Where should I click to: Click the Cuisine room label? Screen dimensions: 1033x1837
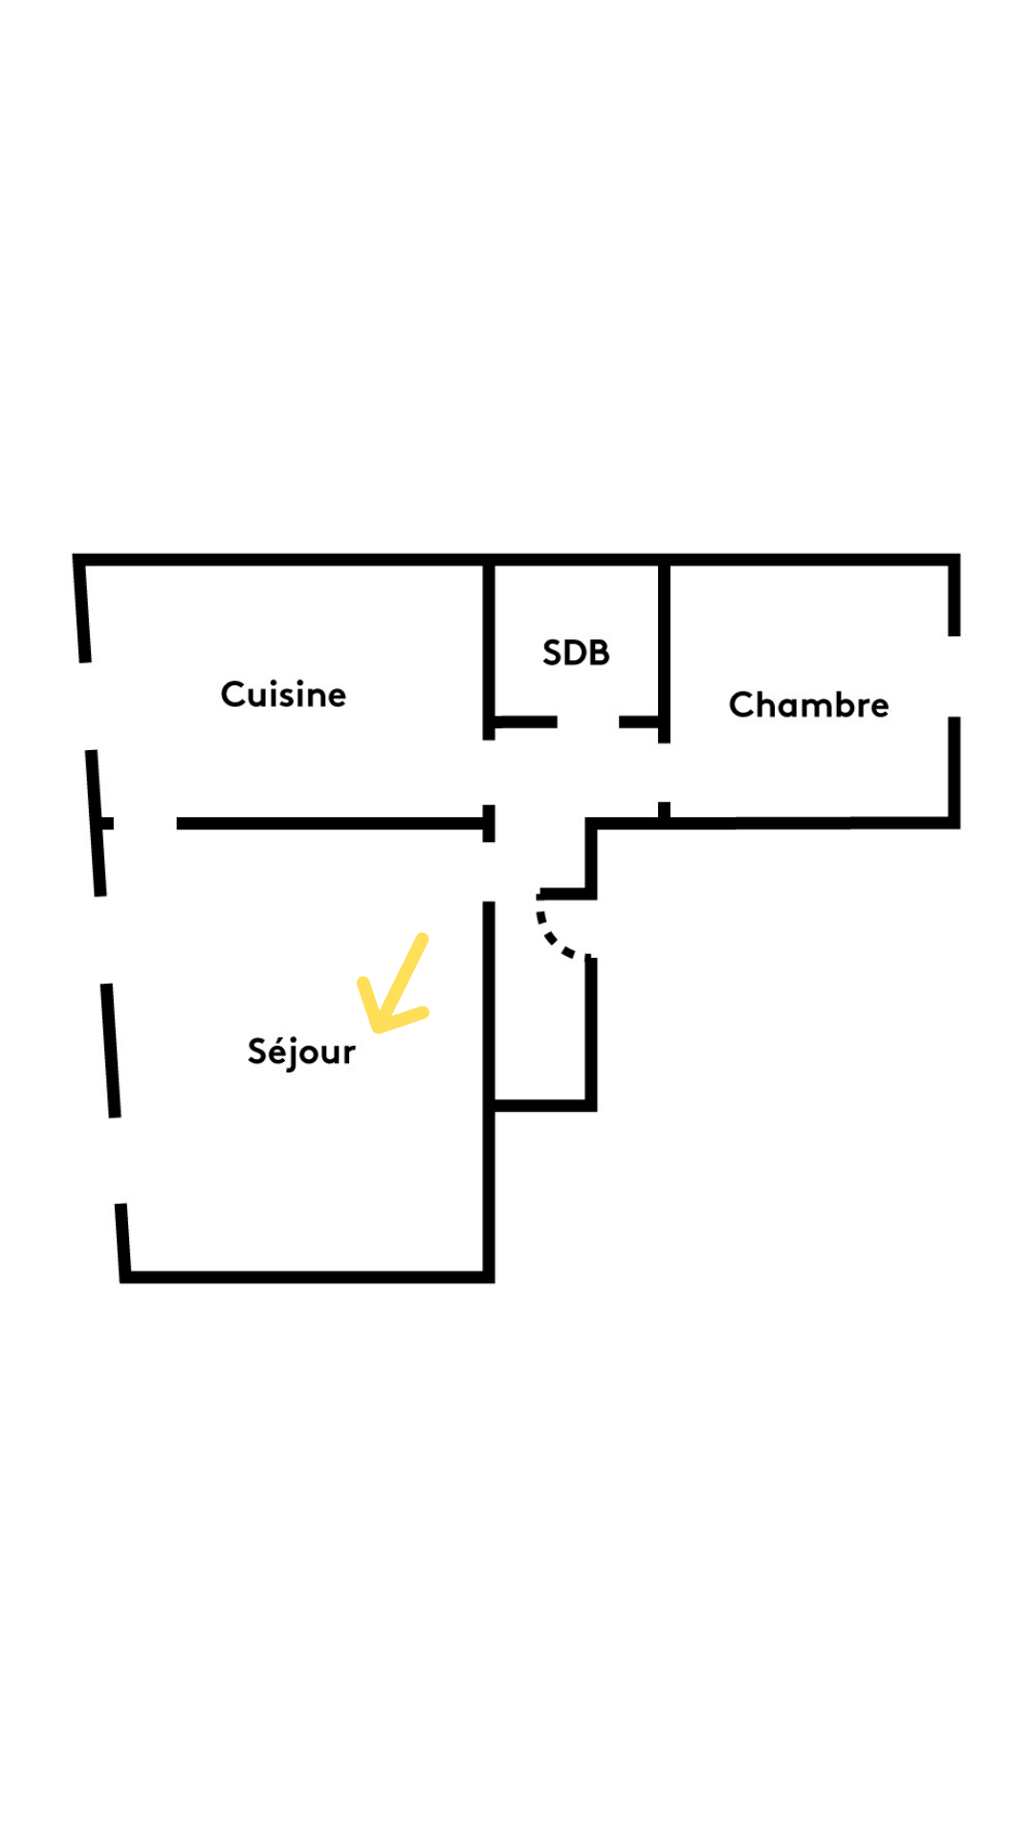pyautogui.click(x=283, y=695)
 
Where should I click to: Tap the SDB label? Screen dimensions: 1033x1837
pyautogui.click(x=576, y=653)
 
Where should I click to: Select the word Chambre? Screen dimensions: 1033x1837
pyautogui.click(x=809, y=705)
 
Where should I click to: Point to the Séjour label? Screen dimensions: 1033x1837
pyautogui.click(x=301, y=1051)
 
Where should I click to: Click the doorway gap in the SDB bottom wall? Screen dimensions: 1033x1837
pyautogui.click(x=588, y=721)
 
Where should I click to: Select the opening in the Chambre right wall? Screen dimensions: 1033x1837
pyautogui.click(x=954, y=676)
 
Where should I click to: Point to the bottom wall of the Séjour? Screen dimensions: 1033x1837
pyautogui.click(x=307, y=1276)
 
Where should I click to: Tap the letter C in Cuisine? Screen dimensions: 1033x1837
pyautogui.click(x=233, y=695)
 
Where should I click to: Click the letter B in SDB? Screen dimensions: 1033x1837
pyautogui.click(x=599, y=653)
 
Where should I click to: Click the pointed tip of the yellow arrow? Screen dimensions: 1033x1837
pyautogui.click(x=377, y=1029)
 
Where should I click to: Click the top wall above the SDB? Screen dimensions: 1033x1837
pyautogui.click(x=576, y=559)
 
